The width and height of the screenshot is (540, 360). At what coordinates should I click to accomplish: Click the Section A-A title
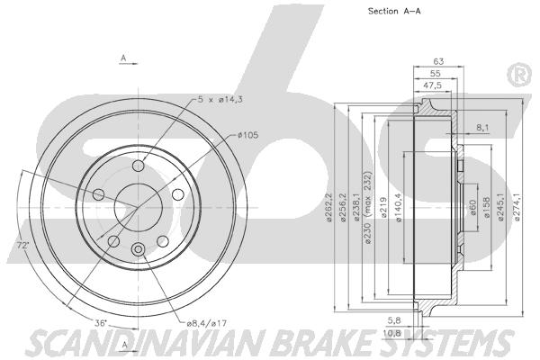[x=394, y=11]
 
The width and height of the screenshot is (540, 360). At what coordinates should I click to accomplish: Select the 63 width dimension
[x=438, y=61]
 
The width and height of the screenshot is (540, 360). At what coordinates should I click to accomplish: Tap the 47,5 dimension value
[x=433, y=85]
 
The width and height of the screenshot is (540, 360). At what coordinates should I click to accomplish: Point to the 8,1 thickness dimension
[x=482, y=128]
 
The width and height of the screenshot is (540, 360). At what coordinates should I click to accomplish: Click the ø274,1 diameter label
[x=517, y=206]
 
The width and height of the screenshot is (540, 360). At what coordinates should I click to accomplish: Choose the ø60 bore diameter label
[x=472, y=208]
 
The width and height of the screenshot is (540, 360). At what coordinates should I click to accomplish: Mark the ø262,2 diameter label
[x=328, y=207]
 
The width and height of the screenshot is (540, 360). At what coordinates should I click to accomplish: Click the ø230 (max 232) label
[x=368, y=207]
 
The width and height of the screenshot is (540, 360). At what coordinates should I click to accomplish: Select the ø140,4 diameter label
[x=399, y=207]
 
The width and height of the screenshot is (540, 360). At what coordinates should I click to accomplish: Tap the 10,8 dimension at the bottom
[x=392, y=333]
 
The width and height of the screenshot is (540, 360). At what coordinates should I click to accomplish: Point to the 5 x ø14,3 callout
[x=220, y=100]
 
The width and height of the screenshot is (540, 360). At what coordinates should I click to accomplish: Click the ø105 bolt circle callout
[x=248, y=135]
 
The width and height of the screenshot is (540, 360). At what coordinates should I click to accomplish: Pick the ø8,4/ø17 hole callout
[x=207, y=323]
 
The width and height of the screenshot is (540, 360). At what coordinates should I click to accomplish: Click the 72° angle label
[x=22, y=246]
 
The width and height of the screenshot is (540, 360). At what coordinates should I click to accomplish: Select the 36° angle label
[x=101, y=323]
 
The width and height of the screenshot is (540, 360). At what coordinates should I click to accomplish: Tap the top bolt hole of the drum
[x=138, y=166]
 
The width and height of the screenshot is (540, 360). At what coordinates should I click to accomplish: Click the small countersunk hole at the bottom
[x=138, y=249]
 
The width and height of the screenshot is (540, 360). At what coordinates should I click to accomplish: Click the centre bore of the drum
[x=138, y=207]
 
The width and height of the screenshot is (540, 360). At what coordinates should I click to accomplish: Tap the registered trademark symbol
[x=521, y=76]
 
